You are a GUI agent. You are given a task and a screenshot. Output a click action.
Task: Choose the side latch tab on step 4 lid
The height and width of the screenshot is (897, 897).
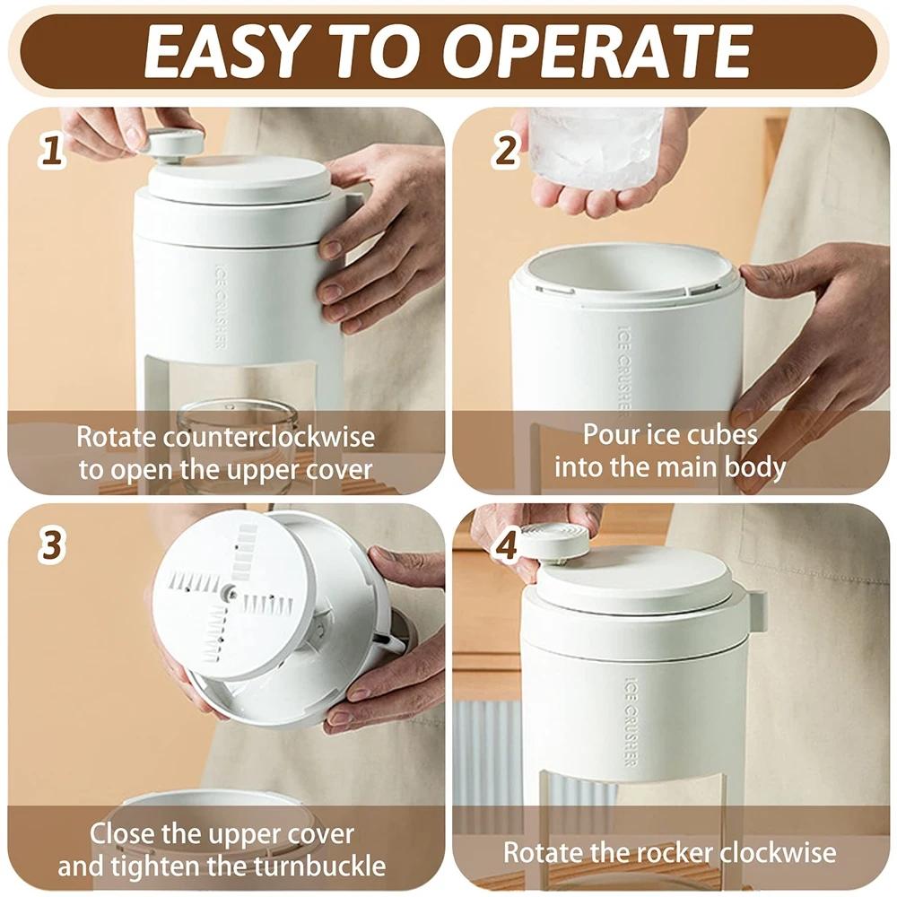click(x=755, y=610)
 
